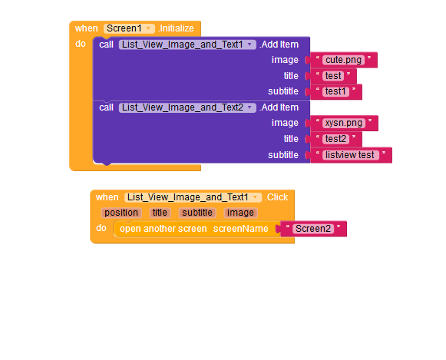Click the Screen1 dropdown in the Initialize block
pyautogui.click(x=129, y=28)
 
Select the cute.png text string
pyautogui.click(x=344, y=60)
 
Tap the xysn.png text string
pyautogui.click(x=344, y=123)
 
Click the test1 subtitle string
pyautogui.click(x=335, y=91)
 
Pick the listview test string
pyautogui.click(x=350, y=155)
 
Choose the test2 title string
pyautogui.click(x=335, y=139)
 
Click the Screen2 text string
pyautogui.click(x=313, y=229)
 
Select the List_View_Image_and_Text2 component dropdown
pyautogui.click(x=187, y=107)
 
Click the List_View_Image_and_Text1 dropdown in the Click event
pyautogui.click(x=193, y=197)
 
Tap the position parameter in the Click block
pyautogui.click(x=121, y=213)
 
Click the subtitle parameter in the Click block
pyautogui.click(x=197, y=213)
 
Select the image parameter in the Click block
pyautogui.click(x=240, y=213)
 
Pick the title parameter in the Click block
pyautogui.click(x=160, y=213)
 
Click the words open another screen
pyautogui.click(x=164, y=229)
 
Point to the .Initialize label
pyautogui.click(x=176, y=28)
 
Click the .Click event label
pyautogui.click(x=276, y=197)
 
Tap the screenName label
pyautogui.click(x=240, y=229)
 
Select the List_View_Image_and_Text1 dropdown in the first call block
pyautogui.click(x=187, y=45)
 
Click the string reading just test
pyautogui.click(x=333, y=76)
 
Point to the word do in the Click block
pyautogui.click(x=101, y=228)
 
